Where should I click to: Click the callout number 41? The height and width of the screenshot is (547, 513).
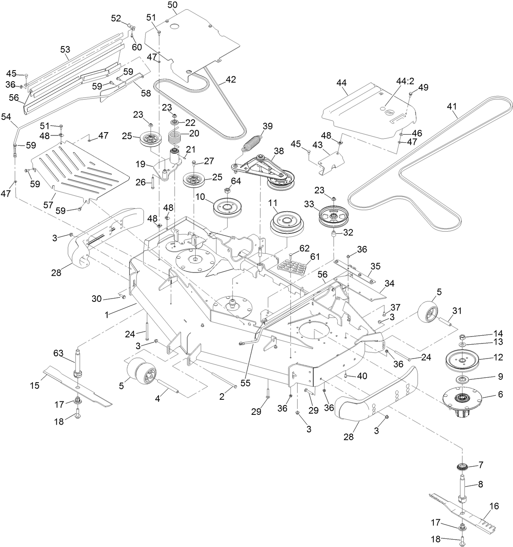point(451,107)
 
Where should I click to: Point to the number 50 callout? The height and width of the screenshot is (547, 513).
point(172,5)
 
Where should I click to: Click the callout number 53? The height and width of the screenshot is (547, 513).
point(65,50)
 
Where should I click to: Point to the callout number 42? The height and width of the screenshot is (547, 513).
point(230,80)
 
